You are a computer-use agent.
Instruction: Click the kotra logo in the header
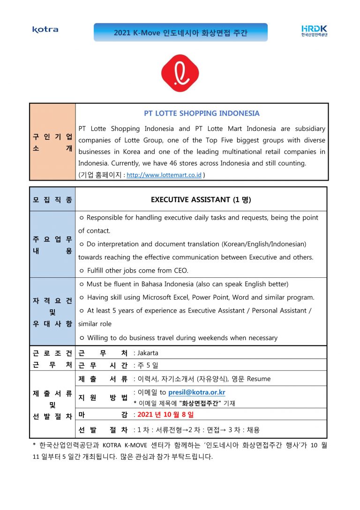point(45,30)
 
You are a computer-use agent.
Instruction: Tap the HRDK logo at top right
point(314,30)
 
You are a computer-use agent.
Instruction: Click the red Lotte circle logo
point(180,73)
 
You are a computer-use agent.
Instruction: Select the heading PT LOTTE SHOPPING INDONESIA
point(202,114)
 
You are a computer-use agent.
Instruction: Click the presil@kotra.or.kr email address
point(196,392)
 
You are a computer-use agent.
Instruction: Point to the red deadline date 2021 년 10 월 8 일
point(165,415)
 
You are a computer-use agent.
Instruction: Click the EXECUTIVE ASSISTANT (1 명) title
point(201,199)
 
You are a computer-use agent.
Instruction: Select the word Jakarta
point(148,353)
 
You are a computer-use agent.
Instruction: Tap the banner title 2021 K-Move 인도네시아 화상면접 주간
point(180,33)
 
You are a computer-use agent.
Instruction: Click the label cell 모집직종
point(52,199)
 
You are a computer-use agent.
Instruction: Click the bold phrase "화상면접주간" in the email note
point(201,403)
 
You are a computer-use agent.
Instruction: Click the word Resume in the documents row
point(259,379)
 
